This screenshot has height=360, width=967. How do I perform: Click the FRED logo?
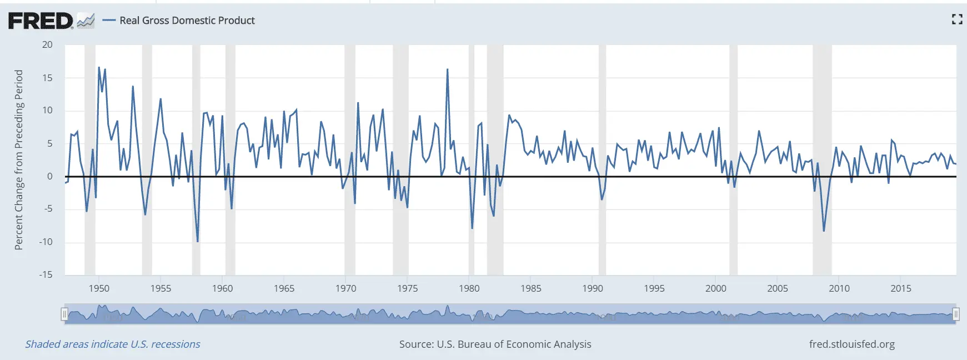point(41,21)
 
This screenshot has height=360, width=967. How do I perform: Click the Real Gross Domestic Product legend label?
point(187,21)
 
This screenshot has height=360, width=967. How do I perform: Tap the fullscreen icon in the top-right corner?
point(956,19)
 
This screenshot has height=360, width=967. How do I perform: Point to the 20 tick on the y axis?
point(47,45)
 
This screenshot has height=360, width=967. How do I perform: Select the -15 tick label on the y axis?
point(46,274)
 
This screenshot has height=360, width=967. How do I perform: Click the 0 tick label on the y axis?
point(49,176)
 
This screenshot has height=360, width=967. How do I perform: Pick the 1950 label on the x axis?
point(99,288)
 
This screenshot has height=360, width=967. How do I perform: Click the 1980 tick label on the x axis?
point(469,288)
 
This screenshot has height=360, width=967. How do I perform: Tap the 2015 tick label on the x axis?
point(900,288)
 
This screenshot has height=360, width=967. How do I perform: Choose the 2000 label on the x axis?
point(715,288)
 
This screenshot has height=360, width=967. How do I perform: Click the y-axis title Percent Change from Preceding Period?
point(19,160)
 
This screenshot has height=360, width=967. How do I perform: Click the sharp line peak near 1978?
point(447,70)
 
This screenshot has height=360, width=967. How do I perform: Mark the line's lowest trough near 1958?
point(197,241)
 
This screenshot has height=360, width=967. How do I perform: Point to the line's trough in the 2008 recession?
point(824,230)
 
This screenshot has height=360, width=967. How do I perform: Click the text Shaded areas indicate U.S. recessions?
point(113,344)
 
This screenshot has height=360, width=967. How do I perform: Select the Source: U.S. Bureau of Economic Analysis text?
point(495,344)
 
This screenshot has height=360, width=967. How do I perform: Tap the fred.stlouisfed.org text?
point(851,344)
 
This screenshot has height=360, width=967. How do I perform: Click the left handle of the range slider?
point(64,314)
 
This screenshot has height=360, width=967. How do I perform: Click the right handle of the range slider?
point(956,314)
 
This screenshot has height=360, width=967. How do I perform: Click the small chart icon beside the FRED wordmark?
point(86,21)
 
